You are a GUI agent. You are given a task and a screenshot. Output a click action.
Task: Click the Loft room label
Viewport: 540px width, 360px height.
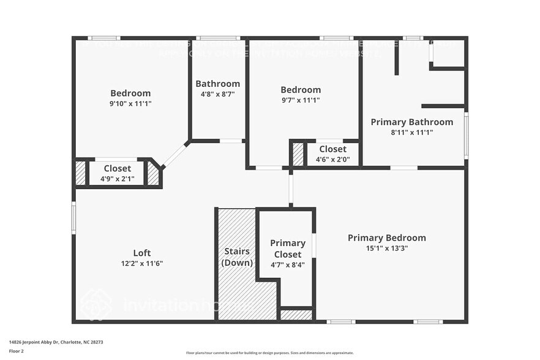point(141,253)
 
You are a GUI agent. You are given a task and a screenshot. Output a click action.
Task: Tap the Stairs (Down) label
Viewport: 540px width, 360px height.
point(237,257)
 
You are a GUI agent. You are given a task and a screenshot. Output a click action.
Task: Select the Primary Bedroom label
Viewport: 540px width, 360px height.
point(386,238)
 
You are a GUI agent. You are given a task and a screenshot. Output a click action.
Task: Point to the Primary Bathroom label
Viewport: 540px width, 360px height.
point(411,122)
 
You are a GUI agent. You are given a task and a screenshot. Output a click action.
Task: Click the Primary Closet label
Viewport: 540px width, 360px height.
point(287,248)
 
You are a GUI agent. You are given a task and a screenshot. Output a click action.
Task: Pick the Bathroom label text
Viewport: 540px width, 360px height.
point(217,84)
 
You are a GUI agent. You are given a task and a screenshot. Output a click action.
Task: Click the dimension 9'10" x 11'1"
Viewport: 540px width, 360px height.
point(130,103)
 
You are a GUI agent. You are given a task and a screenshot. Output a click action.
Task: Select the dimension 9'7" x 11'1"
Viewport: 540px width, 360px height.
point(300,100)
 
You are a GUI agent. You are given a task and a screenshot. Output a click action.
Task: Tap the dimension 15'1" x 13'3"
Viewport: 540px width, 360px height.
point(386,248)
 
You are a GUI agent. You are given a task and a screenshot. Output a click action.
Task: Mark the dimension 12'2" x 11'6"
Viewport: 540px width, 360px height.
point(141,263)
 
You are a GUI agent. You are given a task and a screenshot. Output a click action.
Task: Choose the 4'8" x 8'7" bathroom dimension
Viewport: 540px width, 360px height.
point(217,94)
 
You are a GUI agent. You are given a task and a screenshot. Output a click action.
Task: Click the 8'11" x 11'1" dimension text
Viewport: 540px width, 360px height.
point(411,132)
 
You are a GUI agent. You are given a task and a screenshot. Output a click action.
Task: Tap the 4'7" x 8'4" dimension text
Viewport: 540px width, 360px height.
point(287,265)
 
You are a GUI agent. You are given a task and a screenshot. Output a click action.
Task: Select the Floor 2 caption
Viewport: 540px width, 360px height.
point(17,351)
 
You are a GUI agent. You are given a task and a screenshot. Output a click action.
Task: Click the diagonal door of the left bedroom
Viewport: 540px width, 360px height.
point(175,155)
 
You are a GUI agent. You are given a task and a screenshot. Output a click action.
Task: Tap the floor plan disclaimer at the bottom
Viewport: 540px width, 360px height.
point(269,353)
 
